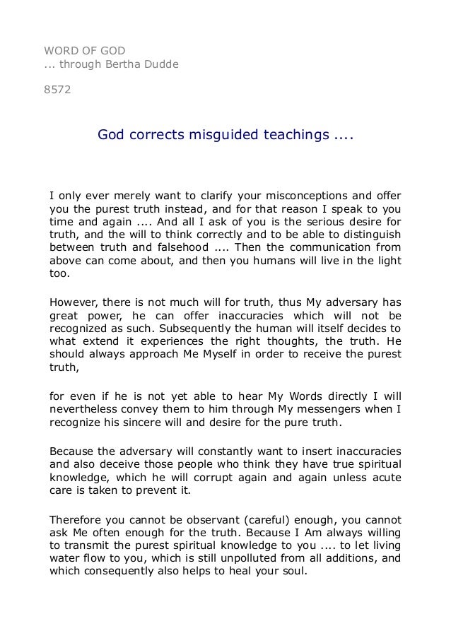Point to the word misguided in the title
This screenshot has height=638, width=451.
point(220,134)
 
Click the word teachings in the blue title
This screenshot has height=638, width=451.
point(294,134)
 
